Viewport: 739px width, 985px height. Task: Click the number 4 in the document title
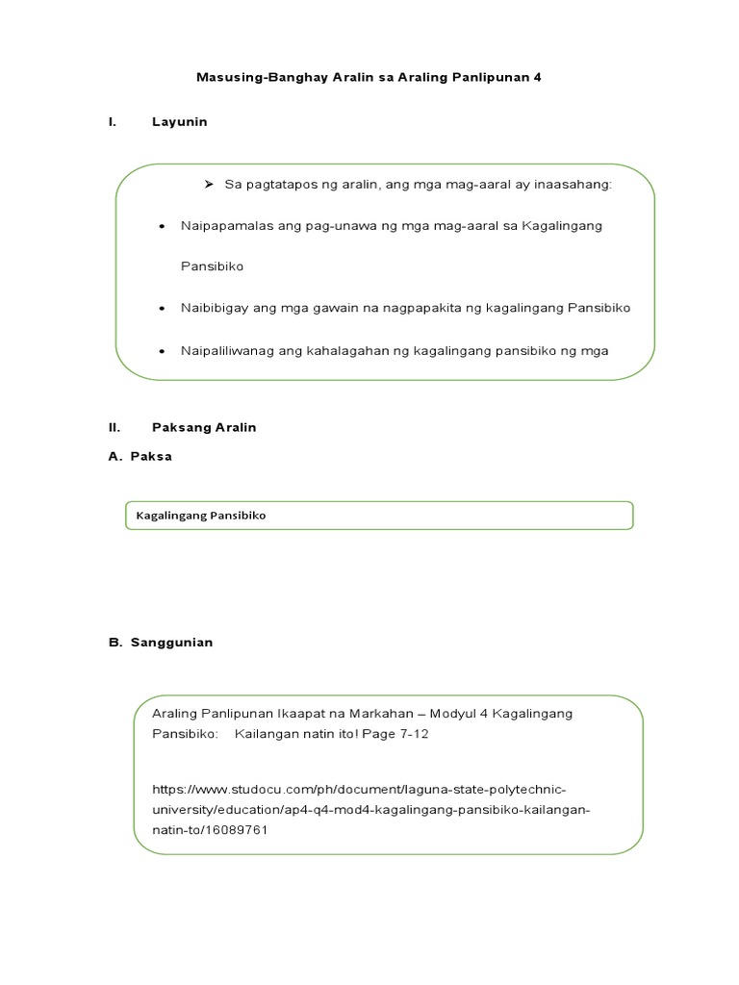pyautogui.click(x=538, y=76)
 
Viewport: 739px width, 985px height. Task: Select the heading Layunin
pyautogui.click(x=179, y=122)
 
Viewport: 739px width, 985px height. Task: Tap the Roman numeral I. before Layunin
pyautogui.click(x=113, y=122)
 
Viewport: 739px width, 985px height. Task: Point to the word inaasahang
pyautogui.click(x=574, y=185)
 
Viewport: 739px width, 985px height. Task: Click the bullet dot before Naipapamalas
pyautogui.click(x=161, y=226)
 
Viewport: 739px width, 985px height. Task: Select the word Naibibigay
pyautogui.click(x=213, y=308)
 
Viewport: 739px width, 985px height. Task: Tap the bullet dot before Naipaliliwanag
pyautogui.click(x=161, y=351)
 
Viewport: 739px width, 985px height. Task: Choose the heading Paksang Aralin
pyautogui.click(x=204, y=427)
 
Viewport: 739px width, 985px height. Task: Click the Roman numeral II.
pyautogui.click(x=115, y=427)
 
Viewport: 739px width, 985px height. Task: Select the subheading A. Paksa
pyautogui.click(x=140, y=456)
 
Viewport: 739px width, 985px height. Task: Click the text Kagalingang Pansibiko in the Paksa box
pyautogui.click(x=201, y=516)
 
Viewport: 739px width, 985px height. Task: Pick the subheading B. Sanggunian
pyautogui.click(x=161, y=643)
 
